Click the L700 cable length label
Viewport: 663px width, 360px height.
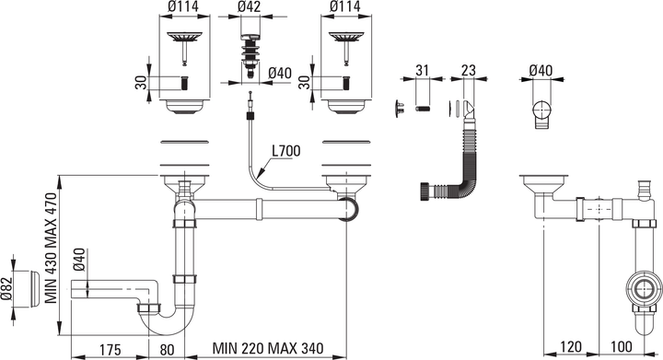[285, 151]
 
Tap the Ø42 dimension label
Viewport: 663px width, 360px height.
[249, 6]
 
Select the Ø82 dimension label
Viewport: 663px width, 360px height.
[6, 289]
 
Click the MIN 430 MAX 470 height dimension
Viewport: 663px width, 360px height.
[52, 248]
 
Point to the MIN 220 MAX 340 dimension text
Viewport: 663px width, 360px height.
[268, 349]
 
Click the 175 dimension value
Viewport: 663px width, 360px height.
[110, 350]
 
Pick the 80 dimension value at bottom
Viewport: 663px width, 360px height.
[167, 350]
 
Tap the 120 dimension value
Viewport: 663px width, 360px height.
[570, 347]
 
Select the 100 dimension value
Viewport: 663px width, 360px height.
[622, 347]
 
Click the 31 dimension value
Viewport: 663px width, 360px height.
[422, 70]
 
